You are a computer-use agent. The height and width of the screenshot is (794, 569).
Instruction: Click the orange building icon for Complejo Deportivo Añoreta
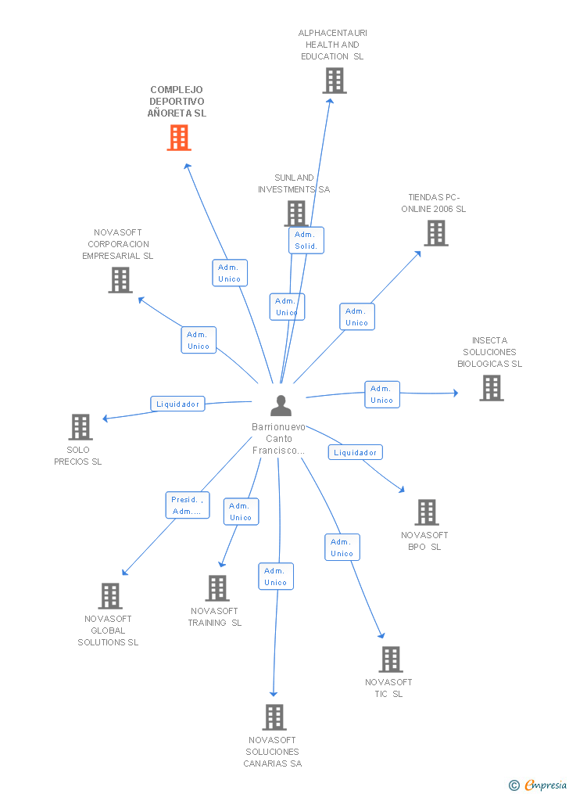tap(179, 138)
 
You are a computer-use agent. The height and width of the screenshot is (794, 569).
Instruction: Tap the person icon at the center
tap(281, 405)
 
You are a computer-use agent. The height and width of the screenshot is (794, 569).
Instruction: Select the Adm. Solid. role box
tap(306, 240)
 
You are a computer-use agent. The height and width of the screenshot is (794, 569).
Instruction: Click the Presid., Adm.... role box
tap(187, 505)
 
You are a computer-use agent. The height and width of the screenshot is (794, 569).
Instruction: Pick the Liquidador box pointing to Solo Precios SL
tap(177, 404)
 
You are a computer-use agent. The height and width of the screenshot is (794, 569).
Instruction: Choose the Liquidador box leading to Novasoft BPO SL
tap(355, 452)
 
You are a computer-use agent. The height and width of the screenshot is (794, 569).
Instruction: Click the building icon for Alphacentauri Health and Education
tap(335, 81)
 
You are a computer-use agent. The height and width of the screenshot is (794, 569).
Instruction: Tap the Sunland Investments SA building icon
tap(296, 214)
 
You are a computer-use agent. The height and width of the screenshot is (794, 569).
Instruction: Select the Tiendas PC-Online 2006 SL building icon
tap(436, 233)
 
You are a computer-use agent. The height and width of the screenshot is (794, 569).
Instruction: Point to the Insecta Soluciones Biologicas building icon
tap(492, 388)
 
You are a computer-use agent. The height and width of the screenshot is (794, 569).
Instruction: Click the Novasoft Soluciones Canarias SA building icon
tap(274, 717)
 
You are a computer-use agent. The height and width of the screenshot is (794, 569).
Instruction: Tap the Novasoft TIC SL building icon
tap(391, 659)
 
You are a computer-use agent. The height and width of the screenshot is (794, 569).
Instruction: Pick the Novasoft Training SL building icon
tap(217, 588)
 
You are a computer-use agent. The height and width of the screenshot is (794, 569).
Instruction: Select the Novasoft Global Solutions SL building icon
tap(110, 595)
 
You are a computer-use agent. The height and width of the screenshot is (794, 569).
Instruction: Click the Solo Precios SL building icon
tap(81, 427)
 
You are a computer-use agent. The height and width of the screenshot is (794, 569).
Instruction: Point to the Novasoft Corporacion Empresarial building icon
tap(120, 280)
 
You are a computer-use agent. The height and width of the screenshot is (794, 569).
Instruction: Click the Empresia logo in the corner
tap(538, 785)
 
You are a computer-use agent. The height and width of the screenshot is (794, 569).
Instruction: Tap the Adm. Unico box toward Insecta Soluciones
tap(382, 394)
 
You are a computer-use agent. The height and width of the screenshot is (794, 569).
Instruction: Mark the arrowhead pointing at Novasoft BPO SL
tap(402, 489)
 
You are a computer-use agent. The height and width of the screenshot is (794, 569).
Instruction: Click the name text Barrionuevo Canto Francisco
tap(279, 439)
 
